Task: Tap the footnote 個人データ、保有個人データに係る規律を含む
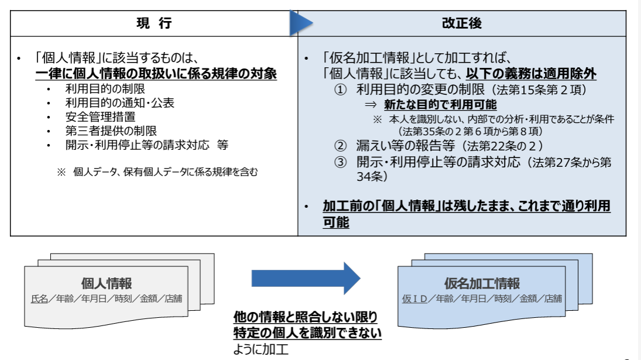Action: click(x=165, y=172)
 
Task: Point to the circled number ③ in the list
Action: click(x=341, y=162)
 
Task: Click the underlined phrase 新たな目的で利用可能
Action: click(x=440, y=105)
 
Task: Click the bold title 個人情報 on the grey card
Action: click(x=107, y=283)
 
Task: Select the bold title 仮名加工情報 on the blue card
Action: click(x=482, y=283)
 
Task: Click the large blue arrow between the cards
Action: click(x=306, y=278)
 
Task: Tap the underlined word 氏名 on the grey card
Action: click(x=39, y=299)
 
